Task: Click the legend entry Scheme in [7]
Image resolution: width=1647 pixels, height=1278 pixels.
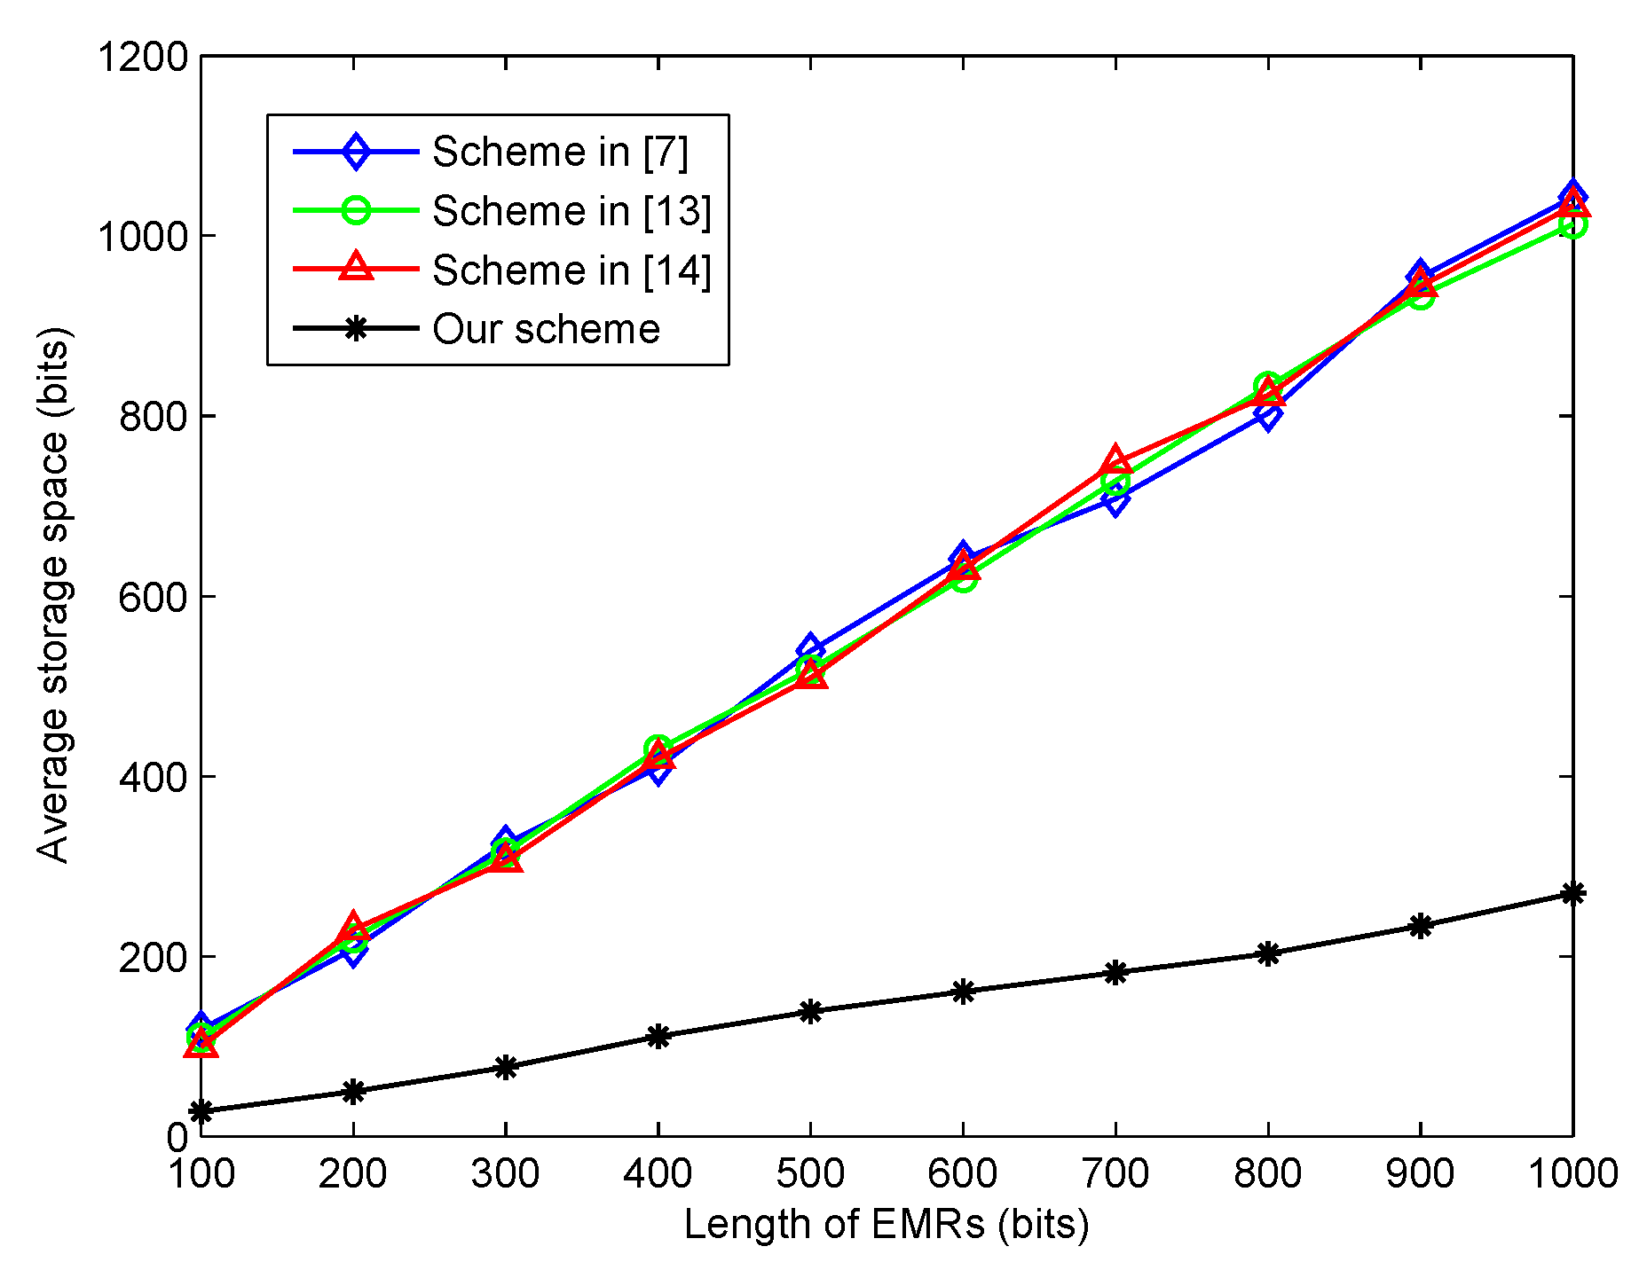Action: coord(559,152)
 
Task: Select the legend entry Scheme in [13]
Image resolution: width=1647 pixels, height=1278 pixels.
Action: coord(571,211)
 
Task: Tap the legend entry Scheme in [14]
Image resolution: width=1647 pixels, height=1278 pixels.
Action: coord(571,270)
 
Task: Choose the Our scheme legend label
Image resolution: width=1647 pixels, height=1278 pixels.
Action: coord(546,330)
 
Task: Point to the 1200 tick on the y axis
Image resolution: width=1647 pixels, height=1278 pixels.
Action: coord(143,57)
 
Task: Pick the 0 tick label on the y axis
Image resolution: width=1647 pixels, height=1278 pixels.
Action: coord(177,1137)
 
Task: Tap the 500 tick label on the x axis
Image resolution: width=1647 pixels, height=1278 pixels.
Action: coord(810,1174)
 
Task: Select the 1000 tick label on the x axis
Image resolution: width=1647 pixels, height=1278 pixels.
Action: coord(1572,1174)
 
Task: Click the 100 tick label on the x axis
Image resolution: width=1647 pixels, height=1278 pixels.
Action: coord(201,1174)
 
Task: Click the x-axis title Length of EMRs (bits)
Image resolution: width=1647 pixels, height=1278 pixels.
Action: coord(886,1225)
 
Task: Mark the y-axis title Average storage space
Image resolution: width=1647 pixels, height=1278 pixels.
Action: coord(53,596)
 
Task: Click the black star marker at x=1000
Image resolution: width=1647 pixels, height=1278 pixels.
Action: coord(1572,893)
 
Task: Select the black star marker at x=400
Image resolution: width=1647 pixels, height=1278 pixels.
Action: coord(658,1036)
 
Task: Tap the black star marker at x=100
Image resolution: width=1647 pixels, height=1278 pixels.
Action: coord(201,1111)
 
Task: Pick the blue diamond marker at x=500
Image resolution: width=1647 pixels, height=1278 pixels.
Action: coord(810,649)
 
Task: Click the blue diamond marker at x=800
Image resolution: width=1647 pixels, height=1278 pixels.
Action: coord(1268,414)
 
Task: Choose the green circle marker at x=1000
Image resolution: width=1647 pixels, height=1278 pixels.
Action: coord(1572,226)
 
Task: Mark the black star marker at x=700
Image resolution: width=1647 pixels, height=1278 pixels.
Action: coord(1115,972)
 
